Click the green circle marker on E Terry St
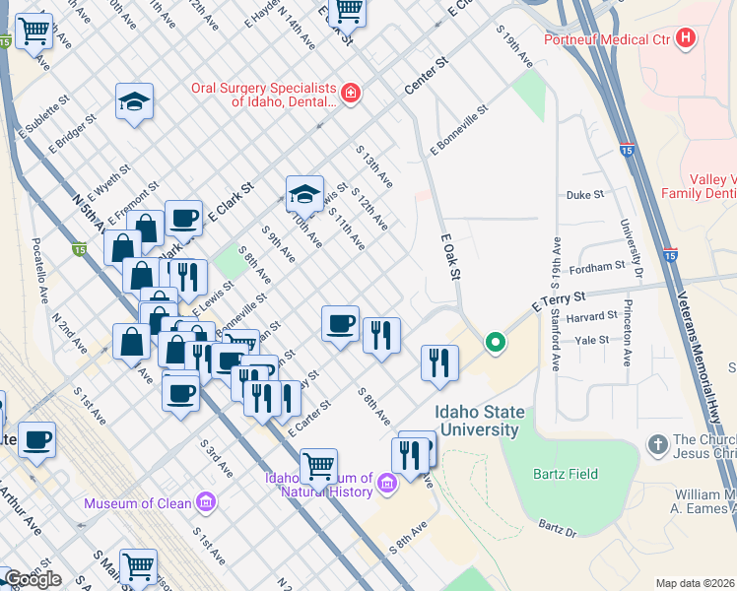(495, 343)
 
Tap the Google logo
(32, 578)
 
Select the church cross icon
(657, 445)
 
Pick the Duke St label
(585, 195)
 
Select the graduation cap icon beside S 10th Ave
(305, 192)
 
